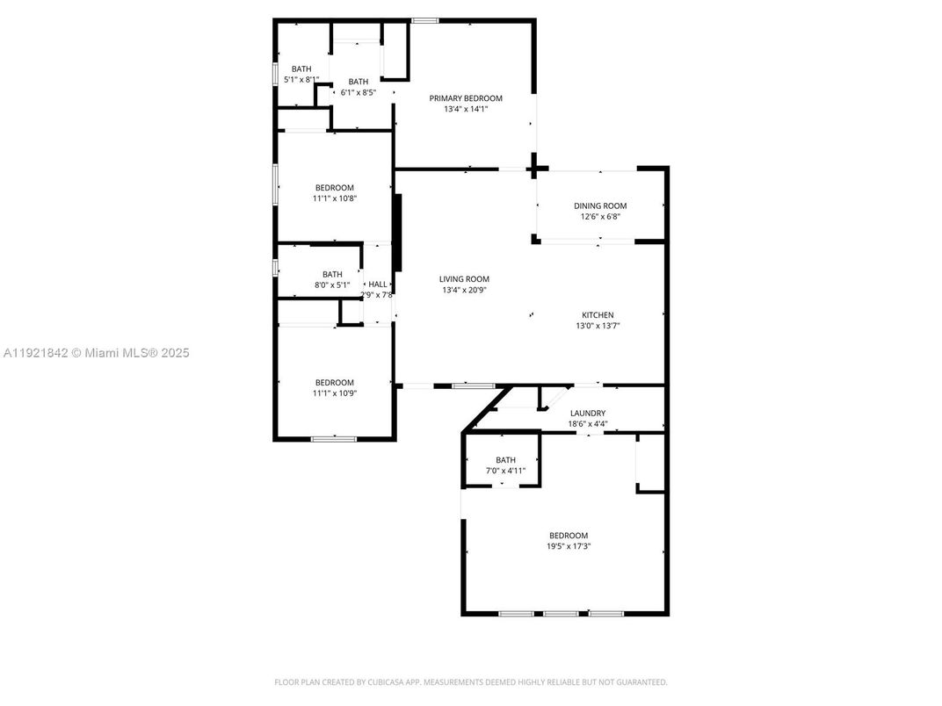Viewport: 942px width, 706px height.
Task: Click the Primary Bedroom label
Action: point(466,98)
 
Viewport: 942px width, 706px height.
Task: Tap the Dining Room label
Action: point(600,205)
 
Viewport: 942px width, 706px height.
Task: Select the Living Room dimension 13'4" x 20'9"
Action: point(465,290)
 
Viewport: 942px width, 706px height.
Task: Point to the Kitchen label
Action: point(598,314)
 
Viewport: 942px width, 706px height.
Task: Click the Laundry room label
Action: point(587,413)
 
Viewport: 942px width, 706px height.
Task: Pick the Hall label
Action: point(377,285)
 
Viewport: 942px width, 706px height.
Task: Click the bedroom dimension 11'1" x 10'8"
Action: point(335,198)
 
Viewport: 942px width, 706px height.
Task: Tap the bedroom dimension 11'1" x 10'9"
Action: point(335,393)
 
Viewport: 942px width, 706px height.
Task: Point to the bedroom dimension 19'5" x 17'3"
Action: point(569,546)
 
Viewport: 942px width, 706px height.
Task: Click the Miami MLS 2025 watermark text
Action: point(97,353)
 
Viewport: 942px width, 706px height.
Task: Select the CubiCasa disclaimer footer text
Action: point(471,682)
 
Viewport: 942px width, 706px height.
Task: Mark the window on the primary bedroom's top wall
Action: point(425,21)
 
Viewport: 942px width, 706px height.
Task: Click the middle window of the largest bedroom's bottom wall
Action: point(560,613)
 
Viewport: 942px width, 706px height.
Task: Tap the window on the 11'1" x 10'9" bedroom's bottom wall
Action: point(333,438)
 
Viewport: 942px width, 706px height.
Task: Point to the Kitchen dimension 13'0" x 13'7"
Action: point(598,326)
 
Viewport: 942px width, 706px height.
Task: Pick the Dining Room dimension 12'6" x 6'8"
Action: point(600,217)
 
